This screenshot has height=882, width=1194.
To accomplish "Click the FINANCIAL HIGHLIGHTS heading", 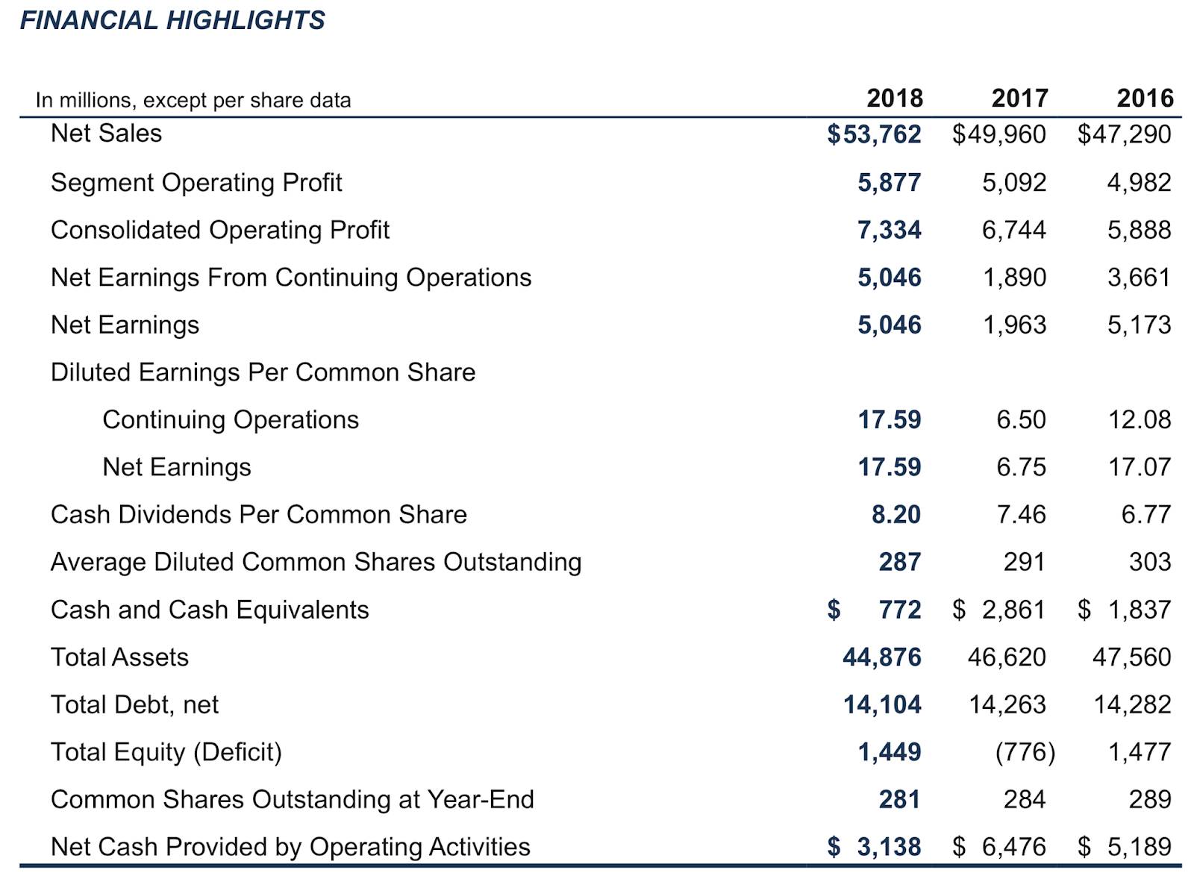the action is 172,20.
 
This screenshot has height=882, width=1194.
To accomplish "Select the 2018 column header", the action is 894,98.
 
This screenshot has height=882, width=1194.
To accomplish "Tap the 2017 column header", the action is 1019,98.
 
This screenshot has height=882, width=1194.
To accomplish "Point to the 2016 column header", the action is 1145,98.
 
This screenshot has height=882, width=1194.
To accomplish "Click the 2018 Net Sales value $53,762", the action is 874,134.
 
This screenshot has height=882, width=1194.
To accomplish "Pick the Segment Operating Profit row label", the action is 196,183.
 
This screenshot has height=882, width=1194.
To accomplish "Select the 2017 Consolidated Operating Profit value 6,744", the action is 1013,230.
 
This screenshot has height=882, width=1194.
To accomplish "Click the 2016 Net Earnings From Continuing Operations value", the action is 1139,278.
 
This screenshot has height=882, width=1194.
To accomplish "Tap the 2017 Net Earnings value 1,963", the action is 1014,325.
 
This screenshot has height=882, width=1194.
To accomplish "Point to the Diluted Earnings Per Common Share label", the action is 263,372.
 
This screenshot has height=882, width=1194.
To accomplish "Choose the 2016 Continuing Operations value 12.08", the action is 1139,419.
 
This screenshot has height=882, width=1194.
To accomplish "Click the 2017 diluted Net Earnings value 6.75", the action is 1021,467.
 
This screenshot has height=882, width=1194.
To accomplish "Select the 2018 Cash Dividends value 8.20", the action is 895,514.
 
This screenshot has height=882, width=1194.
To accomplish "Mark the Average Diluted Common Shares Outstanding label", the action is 316,562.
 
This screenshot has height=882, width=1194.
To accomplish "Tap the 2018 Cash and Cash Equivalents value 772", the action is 899,610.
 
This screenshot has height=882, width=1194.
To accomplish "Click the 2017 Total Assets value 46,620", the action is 1006,657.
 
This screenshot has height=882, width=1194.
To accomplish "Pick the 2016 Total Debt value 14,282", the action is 1132,704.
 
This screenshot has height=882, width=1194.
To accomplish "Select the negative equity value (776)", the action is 1025,752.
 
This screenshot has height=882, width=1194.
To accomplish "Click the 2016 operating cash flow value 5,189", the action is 1139,847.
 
